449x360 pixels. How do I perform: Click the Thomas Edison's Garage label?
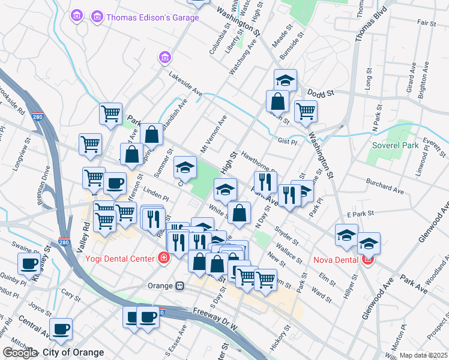point(152,17)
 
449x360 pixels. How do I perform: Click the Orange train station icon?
point(179,286)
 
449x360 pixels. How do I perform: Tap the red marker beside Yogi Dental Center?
point(163,259)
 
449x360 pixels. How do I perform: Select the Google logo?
point(19,352)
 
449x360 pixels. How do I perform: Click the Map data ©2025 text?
point(424,355)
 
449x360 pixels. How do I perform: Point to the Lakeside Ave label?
point(185,84)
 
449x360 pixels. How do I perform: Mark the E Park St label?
point(360,213)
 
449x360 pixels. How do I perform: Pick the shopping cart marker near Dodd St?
point(306,110)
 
